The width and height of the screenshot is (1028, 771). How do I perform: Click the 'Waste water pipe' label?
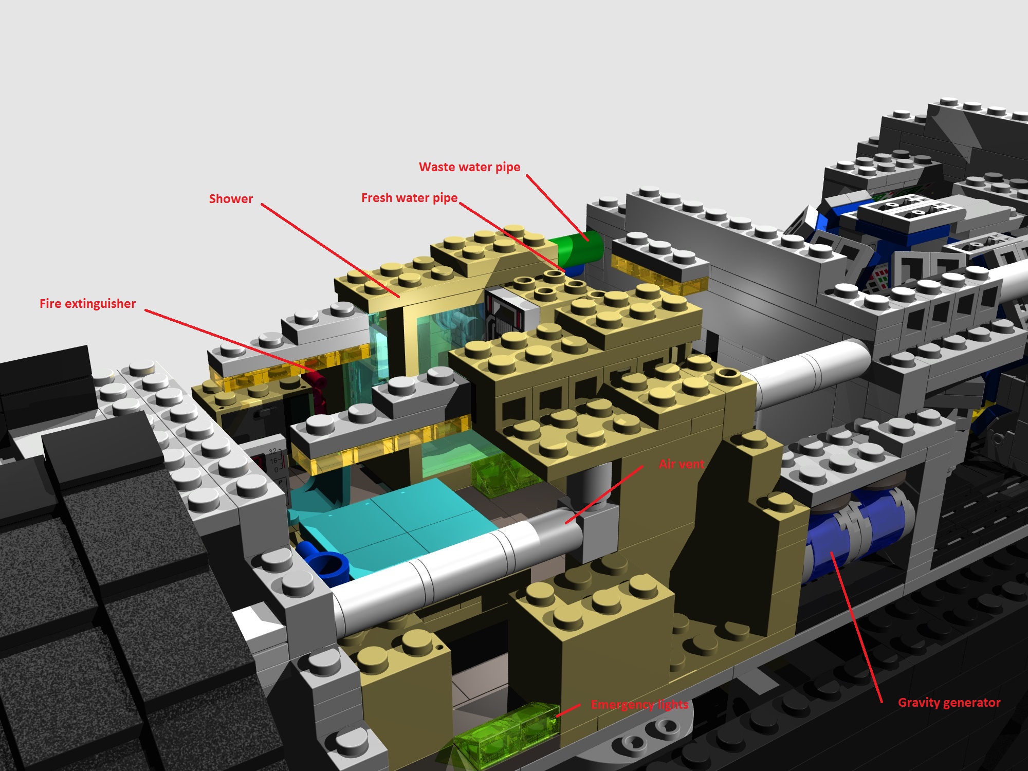coord(469,167)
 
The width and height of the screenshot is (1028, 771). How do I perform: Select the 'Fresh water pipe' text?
coord(409,198)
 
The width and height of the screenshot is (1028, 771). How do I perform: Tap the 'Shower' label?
coord(231,199)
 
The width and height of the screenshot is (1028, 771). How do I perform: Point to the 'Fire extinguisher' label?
coord(87,304)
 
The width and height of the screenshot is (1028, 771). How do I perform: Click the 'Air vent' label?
coord(681,464)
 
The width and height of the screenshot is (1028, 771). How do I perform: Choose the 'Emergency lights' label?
coord(639,705)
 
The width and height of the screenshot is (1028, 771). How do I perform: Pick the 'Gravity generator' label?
coord(949,703)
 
